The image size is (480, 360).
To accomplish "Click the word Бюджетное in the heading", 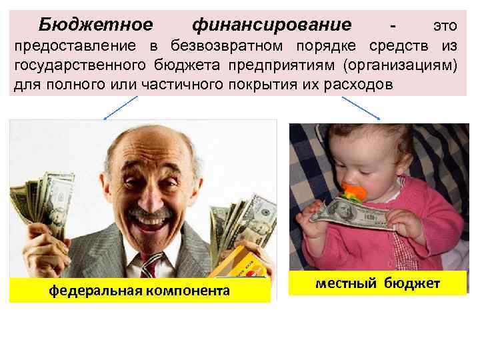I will point(95,25).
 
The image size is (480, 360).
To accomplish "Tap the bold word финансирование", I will point(271,25).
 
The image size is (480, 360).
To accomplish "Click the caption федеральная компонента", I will point(139,291).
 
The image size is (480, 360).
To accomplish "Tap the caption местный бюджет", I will point(378,283).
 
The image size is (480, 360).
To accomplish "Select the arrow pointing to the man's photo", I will point(120,107).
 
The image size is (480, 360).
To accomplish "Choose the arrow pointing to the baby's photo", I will point(361,107).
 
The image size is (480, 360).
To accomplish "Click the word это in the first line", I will point(445,26).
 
